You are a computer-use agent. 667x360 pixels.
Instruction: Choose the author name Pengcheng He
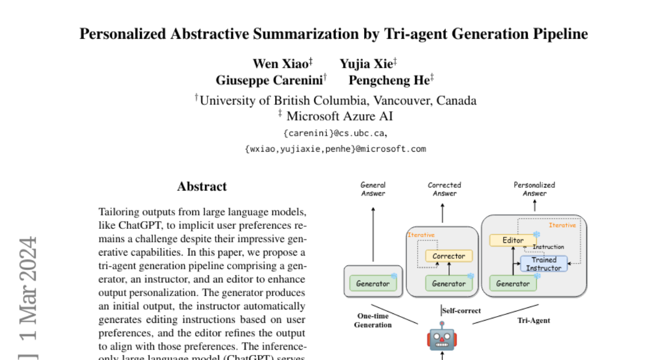coord(388,81)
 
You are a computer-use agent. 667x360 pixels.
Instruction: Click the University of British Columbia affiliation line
coord(335,101)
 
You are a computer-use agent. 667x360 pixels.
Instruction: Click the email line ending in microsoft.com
coord(335,149)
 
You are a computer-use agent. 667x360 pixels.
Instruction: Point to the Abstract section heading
coord(202,187)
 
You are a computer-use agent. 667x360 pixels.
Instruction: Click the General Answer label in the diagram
coord(373,189)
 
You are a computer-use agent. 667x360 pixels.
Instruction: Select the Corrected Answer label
coord(444,189)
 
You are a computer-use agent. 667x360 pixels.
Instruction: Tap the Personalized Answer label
coord(534,189)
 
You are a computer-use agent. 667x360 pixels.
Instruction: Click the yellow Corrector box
coord(449,256)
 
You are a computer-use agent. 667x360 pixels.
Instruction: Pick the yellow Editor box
coord(513,241)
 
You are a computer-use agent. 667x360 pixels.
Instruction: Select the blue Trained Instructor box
coord(544,264)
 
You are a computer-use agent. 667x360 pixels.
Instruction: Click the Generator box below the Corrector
coord(449,283)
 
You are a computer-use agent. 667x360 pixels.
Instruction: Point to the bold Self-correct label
coord(461,311)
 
